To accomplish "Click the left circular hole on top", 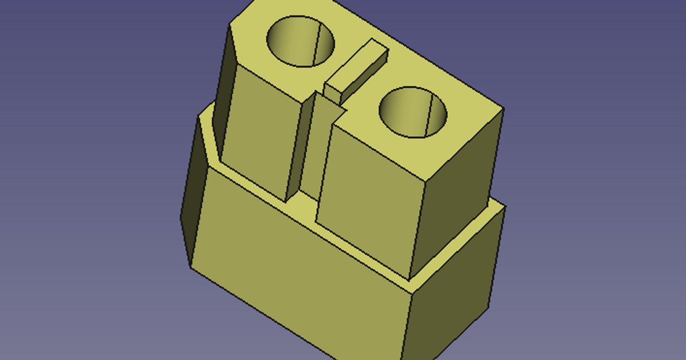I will [x=301, y=41].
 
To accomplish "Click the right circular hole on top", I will [x=413, y=112].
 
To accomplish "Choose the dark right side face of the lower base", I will [x=452, y=286].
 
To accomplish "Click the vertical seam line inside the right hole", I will [x=429, y=114].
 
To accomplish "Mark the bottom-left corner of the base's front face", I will [x=192, y=266].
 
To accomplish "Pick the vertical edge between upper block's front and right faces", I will [x=419, y=229].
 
